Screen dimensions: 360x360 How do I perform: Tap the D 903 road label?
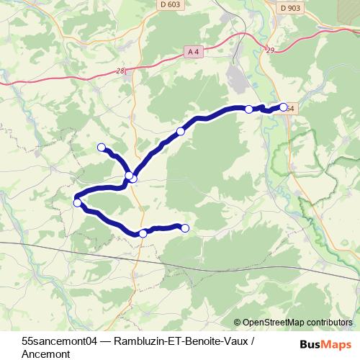290,8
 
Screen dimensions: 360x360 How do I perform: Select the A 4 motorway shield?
193,51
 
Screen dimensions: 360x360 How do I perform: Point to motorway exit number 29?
270,50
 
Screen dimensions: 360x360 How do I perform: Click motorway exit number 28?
120,71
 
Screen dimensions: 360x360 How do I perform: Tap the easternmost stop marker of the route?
284,107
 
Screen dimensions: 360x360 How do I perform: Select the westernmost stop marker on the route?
77,203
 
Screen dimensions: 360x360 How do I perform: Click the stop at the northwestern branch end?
101,148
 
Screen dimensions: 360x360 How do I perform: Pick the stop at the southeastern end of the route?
185,228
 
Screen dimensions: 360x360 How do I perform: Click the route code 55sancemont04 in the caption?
58,341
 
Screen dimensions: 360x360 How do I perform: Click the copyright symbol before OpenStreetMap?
238,323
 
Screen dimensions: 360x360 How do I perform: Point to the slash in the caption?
252,341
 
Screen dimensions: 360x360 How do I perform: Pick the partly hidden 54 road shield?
290,109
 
